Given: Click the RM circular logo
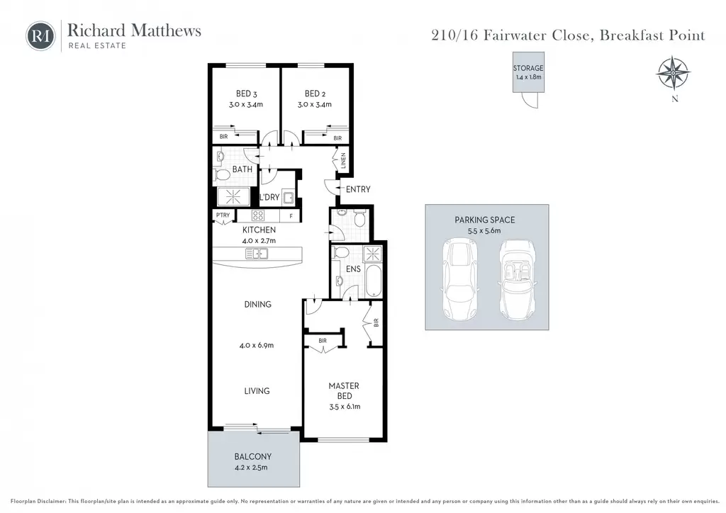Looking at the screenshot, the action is point(40,36).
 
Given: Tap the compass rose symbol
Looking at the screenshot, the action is point(674,73).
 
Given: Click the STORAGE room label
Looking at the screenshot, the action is point(527,68).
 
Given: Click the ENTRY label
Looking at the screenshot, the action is point(358,189).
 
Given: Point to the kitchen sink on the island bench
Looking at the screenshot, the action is point(257,254).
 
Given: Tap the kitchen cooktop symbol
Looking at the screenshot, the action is point(258,215).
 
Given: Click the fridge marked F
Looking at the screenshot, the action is point(291,215).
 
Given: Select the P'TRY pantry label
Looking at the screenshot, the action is point(223,215).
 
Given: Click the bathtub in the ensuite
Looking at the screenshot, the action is point(373,281).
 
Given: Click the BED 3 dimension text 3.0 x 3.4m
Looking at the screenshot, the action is point(246,105).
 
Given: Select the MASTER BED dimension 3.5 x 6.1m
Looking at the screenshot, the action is point(345,407).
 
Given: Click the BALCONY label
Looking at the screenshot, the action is point(253,456).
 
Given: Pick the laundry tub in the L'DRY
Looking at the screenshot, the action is point(289,198).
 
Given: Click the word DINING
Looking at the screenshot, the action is point(258,305).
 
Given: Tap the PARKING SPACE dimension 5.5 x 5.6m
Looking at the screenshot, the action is point(484,231).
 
